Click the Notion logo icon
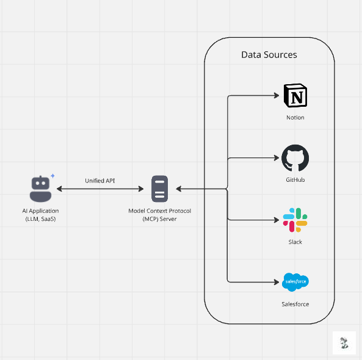click(x=295, y=96)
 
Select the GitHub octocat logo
click(x=295, y=159)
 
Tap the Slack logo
click(x=295, y=220)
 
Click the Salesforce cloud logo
click(x=296, y=281)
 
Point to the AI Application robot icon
click(x=40, y=189)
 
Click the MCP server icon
click(x=160, y=189)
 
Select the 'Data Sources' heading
click(x=269, y=55)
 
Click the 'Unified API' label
click(x=101, y=181)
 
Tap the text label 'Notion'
click(x=295, y=117)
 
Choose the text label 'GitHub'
click(x=295, y=180)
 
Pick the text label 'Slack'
click(x=295, y=242)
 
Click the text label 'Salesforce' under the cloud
click(x=295, y=303)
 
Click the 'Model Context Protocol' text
click(x=160, y=211)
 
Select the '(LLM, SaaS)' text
click(x=40, y=218)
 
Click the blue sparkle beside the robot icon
click(x=52, y=176)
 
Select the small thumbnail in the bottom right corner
click(x=344, y=344)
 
